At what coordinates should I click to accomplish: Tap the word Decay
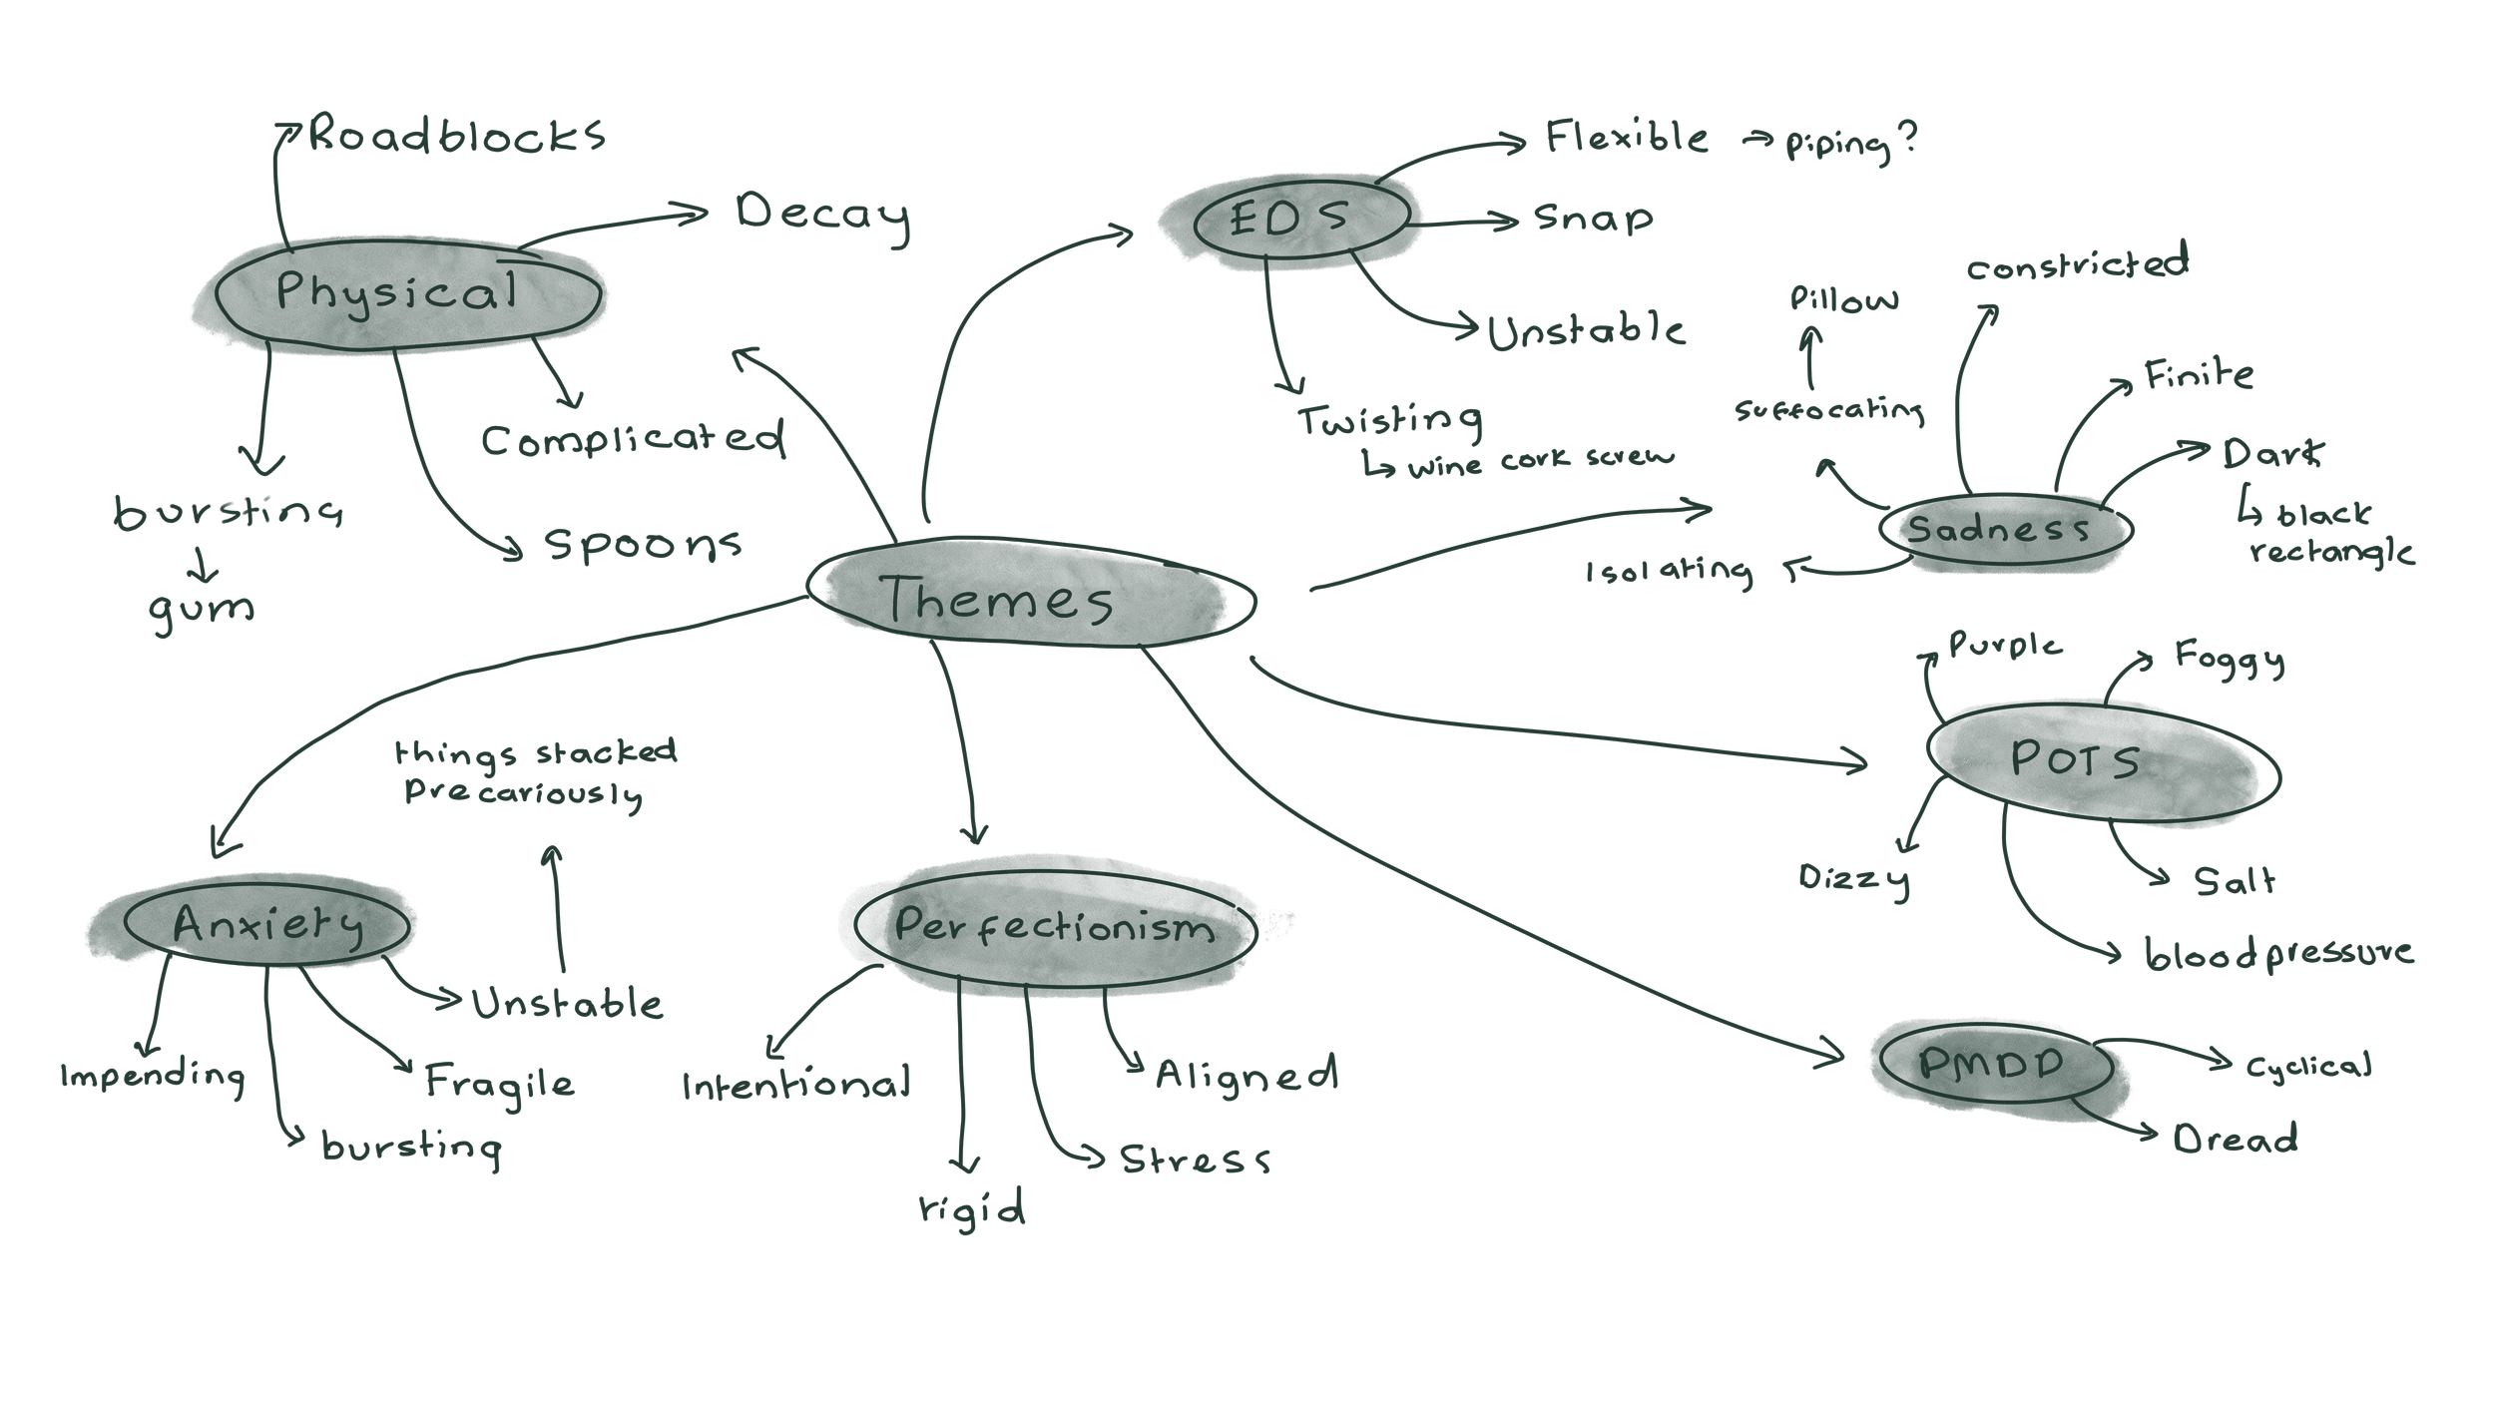(822, 215)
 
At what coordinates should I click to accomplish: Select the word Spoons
(643, 545)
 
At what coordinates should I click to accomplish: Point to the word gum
(202, 609)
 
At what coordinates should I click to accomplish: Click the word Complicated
(633, 440)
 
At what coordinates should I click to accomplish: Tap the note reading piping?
(1850, 144)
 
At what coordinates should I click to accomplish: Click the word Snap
(1593, 219)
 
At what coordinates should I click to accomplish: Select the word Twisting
(1389, 421)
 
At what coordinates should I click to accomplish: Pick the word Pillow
(1844, 299)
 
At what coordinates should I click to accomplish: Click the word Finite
(2199, 375)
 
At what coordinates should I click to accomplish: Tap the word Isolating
(1669, 572)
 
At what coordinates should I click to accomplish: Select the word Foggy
(2230, 659)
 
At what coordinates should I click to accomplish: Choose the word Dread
(2236, 1140)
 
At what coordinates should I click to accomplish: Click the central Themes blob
(1028, 594)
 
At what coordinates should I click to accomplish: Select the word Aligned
(1246, 1075)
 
